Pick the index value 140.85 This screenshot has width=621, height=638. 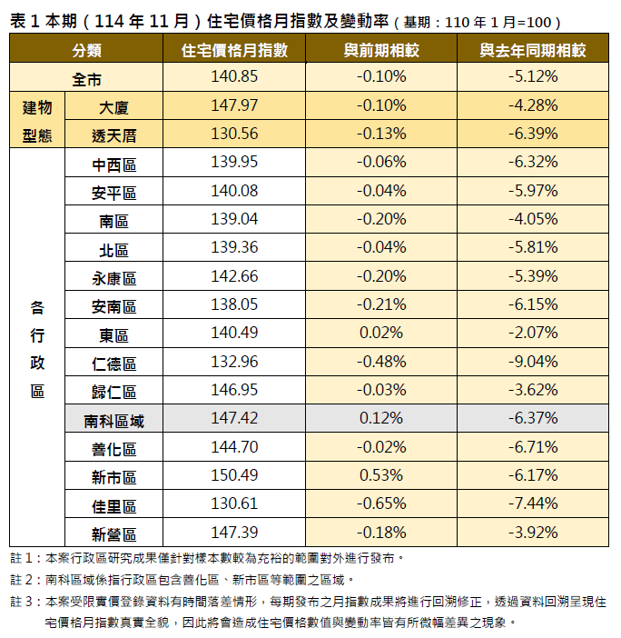[235, 77]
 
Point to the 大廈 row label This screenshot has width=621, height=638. [114, 106]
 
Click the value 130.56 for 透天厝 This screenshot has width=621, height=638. [235, 135]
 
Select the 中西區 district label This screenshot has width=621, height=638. [114, 164]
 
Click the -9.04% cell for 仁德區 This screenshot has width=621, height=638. [533, 363]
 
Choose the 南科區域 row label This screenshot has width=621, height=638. [114, 420]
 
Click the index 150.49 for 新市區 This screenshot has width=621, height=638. [235, 475]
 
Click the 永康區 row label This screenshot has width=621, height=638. [114, 277]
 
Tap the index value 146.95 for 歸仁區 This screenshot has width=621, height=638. [235, 391]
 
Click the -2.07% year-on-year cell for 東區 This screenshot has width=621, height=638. [533, 334]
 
